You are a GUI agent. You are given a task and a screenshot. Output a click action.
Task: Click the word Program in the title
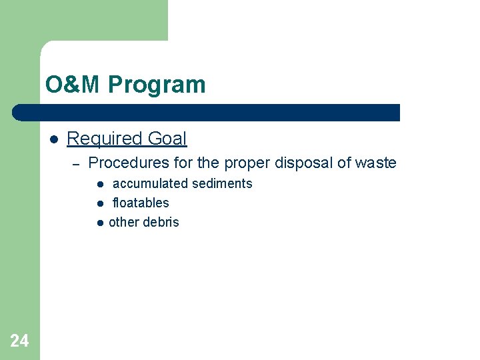point(157,85)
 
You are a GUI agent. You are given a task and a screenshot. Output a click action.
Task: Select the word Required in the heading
point(105,139)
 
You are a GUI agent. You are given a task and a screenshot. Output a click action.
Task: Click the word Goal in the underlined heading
point(167,139)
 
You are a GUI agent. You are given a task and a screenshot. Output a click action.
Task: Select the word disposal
point(305,163)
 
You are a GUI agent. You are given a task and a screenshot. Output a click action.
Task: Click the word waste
point(376,163)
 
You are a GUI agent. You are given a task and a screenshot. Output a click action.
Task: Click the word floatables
point(141,203)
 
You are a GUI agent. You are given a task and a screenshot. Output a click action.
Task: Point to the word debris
point(162,222)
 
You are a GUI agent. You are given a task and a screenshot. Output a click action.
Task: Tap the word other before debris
point(125,222)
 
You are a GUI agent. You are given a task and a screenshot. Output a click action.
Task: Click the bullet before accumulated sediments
point(99,184)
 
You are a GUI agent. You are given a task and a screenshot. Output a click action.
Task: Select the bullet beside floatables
point(99,203)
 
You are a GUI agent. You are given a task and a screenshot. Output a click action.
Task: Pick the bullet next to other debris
point(99,223)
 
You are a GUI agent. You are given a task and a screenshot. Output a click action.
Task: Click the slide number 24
point(19,341)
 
